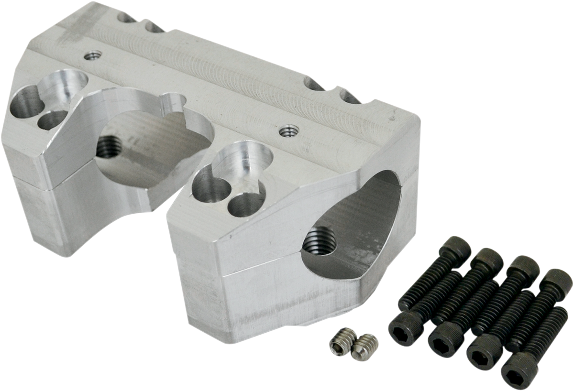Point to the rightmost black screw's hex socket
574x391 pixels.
pos(516,370)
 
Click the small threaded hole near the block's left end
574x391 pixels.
pos(92,56)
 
